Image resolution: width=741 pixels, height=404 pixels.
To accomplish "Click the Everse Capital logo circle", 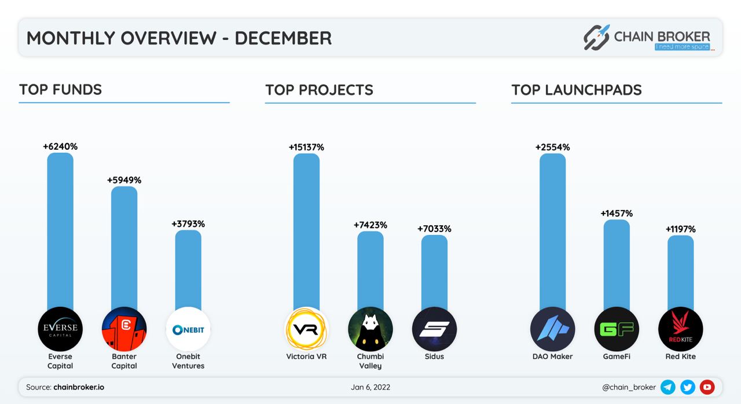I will coord(60,329).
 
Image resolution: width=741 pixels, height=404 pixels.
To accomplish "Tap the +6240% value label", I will coord(60,147).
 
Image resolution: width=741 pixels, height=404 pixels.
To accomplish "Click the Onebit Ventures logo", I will coord(188,329).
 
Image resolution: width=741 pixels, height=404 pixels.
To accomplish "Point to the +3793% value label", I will coord(188,224).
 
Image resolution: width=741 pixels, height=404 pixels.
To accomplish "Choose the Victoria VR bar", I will coord(306,232).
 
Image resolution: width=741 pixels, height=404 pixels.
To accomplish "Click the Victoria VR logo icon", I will coord(306,329).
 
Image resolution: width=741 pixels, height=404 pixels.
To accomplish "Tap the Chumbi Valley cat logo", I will coord(370,329).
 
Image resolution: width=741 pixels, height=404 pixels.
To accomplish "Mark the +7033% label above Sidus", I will coord(434,229).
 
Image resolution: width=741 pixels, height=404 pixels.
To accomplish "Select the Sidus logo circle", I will coord(434,329).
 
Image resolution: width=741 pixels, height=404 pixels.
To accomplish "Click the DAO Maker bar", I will coord(552,232).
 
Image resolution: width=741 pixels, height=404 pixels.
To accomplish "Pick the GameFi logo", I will coord(617,329).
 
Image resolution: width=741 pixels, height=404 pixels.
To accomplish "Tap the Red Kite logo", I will coord(680,329).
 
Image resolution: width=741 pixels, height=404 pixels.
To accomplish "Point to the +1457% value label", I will coord(617,214).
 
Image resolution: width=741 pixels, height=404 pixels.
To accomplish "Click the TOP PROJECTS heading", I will coord(319,90).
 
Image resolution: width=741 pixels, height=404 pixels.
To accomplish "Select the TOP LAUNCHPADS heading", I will coord(576,90).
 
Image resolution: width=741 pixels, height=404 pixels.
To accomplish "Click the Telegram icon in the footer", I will coord(668,387).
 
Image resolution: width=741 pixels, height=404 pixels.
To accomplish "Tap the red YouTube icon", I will coord(707,387).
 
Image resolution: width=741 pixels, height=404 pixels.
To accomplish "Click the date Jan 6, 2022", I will coord(370,387).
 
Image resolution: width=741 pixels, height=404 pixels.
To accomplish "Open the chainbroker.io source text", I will coord(79,387).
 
